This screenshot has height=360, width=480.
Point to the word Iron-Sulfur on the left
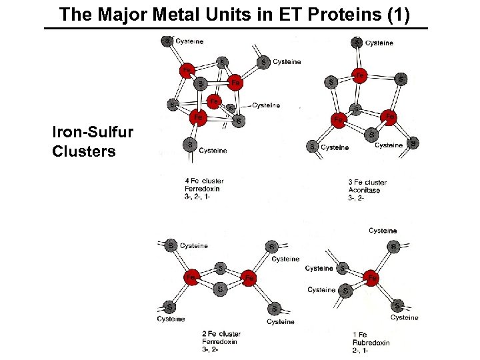tap(93, 133)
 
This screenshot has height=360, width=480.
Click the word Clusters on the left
tap(84, 151)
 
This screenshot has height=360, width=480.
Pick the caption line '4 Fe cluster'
tap(204, 181)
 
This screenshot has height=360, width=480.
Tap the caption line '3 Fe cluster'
tap(367, 182)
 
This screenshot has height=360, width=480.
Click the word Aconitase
tap(364, 190)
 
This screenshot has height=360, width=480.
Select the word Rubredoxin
tap(371, 343)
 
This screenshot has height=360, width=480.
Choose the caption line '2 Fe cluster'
tap(221, 333)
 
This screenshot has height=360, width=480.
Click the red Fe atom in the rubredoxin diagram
tap(372, 277)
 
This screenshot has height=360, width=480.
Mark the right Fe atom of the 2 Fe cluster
tap(249, 277)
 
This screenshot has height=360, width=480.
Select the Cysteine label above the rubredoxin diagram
tap(383, 231)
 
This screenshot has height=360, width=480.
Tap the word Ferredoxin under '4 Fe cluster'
tap(202, 189)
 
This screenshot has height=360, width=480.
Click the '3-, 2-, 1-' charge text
tap(197, 197)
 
